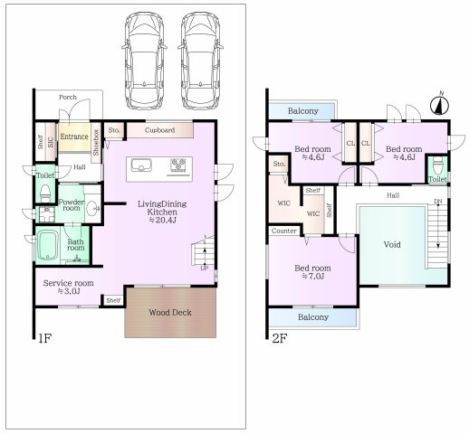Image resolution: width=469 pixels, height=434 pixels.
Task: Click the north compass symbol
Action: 439,105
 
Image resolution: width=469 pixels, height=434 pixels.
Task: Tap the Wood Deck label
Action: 170,313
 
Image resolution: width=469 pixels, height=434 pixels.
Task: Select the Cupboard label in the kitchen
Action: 159,130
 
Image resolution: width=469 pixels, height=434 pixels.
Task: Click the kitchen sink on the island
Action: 141,165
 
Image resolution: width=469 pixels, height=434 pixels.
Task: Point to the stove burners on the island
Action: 178,165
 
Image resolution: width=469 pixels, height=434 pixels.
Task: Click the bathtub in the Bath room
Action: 47,245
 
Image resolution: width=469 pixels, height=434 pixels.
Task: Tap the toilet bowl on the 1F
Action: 45,193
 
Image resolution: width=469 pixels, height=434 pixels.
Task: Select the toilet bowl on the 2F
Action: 437,165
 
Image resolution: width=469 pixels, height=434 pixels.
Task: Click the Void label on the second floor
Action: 392,244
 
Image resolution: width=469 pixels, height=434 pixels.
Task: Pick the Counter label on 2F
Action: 284,231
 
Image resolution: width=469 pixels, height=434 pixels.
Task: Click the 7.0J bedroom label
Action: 312,272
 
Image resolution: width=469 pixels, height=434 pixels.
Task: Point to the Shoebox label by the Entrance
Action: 96,143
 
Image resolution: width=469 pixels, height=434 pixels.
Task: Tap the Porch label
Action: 68,98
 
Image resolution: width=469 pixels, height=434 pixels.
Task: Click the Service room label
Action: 68,287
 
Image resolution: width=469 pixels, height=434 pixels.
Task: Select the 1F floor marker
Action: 45,338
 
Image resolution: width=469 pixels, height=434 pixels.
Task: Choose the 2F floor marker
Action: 280,338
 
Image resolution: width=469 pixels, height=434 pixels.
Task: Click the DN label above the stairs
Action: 438,202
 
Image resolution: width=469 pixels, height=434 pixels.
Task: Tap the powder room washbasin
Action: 92,208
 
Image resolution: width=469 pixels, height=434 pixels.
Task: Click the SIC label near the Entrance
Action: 51,142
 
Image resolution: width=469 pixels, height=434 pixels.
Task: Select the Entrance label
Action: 74,137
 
